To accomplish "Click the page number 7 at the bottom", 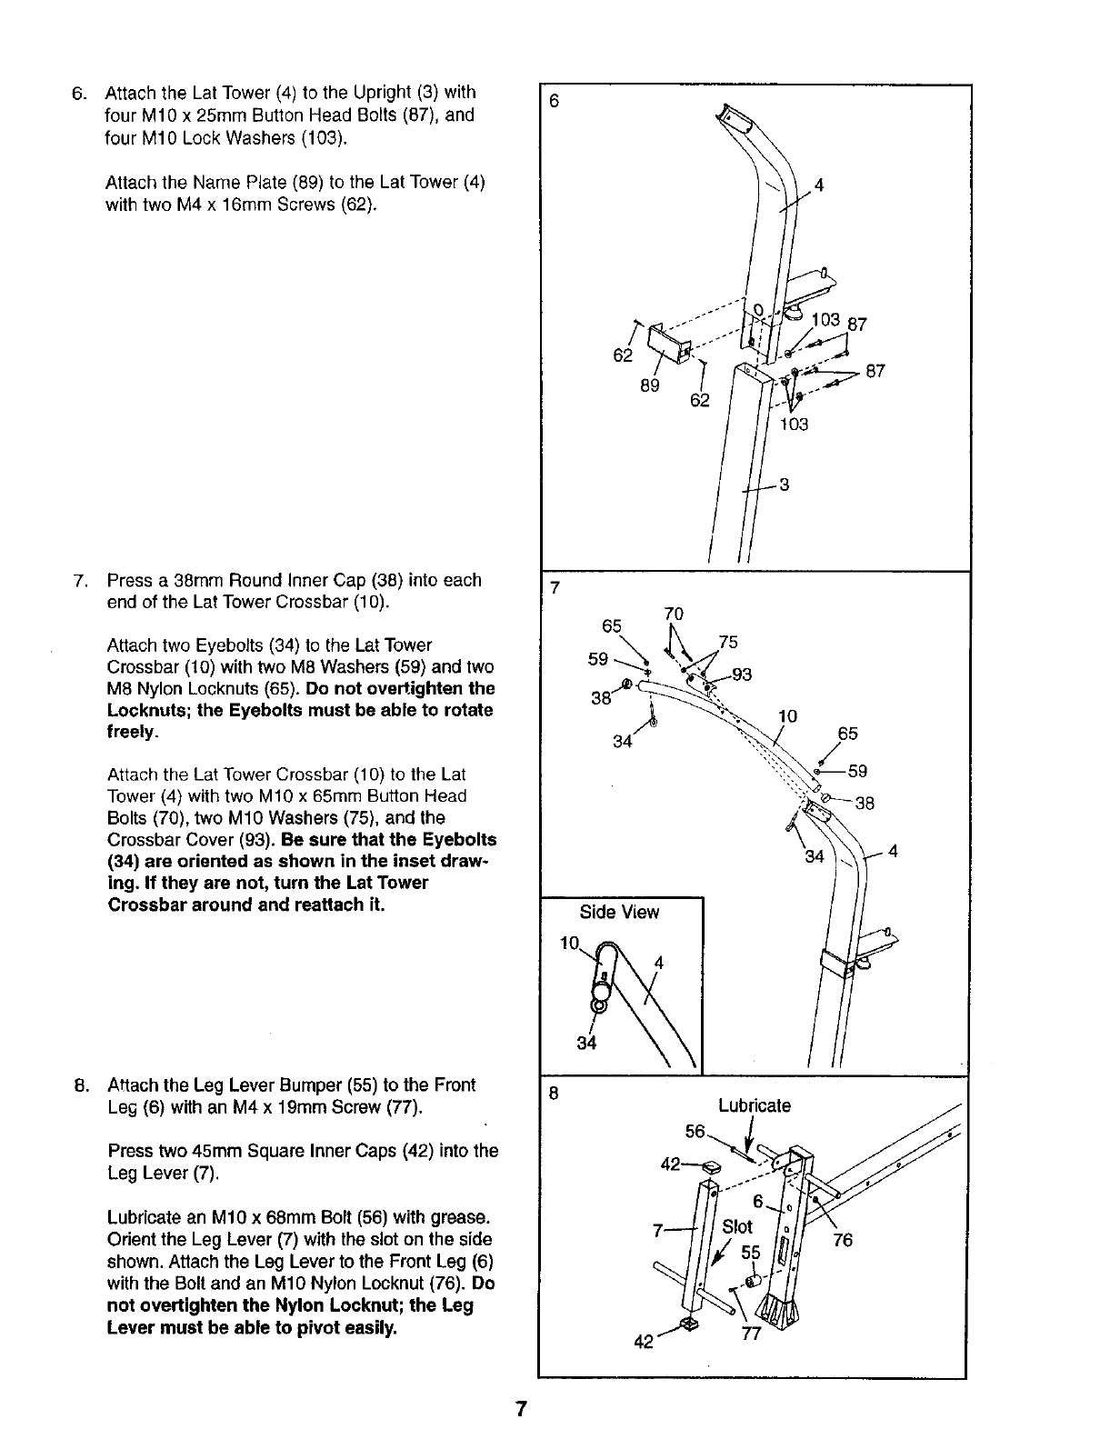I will click(521, 1410).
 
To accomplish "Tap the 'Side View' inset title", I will click(619, 913).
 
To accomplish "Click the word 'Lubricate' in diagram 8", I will click(755, 1106).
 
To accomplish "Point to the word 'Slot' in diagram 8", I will click(736, 1226).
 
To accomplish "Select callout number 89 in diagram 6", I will click(648, 385).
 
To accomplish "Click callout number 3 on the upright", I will click(784, 485).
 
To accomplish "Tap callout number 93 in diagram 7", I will click(742, 675).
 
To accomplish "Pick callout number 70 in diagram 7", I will click(673, 615).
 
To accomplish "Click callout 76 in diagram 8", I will click(843, 1240).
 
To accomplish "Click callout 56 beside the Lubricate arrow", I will click(695, 1132).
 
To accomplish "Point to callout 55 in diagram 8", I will click(750, 1252).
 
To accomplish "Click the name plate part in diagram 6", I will click(667, 343).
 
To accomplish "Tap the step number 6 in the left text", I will click(78, 93).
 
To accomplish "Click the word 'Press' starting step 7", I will click(128, 580).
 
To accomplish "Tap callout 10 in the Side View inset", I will click(568, 943).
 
